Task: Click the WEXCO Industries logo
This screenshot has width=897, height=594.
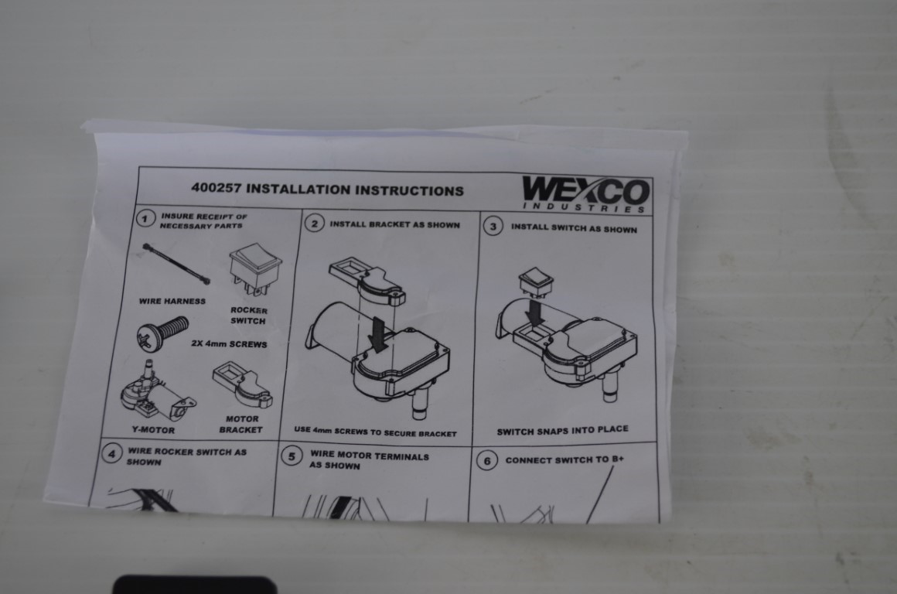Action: click(x=586, y=195)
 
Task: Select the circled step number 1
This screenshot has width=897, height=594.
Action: click(x=145, y=219)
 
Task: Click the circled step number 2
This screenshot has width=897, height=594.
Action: click(x=314, y=224)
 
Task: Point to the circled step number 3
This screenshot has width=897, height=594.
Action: click(x=493, y=226)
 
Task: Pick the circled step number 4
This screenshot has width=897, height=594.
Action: click(x=111, y=454)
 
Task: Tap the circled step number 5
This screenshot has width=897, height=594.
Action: click(x=292, y=456)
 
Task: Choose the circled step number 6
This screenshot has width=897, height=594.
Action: click(x=487, y=461)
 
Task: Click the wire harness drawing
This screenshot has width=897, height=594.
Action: click(x=176, y=264)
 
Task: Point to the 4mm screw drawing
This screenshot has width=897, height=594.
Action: click(x=162, y=333)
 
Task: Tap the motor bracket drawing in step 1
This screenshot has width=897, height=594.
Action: click(x=243, y=384)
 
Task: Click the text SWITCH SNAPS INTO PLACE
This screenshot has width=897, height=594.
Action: click(x=562, y=430)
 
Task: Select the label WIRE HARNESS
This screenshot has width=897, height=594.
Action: click(x=172, y=301)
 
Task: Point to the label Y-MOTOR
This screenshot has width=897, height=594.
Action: click(x=153, y=430)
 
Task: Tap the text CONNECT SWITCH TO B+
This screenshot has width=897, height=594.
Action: click(x=564, y=459)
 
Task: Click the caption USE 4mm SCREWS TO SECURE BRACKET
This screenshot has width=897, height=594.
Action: click(x=375, y=432)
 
